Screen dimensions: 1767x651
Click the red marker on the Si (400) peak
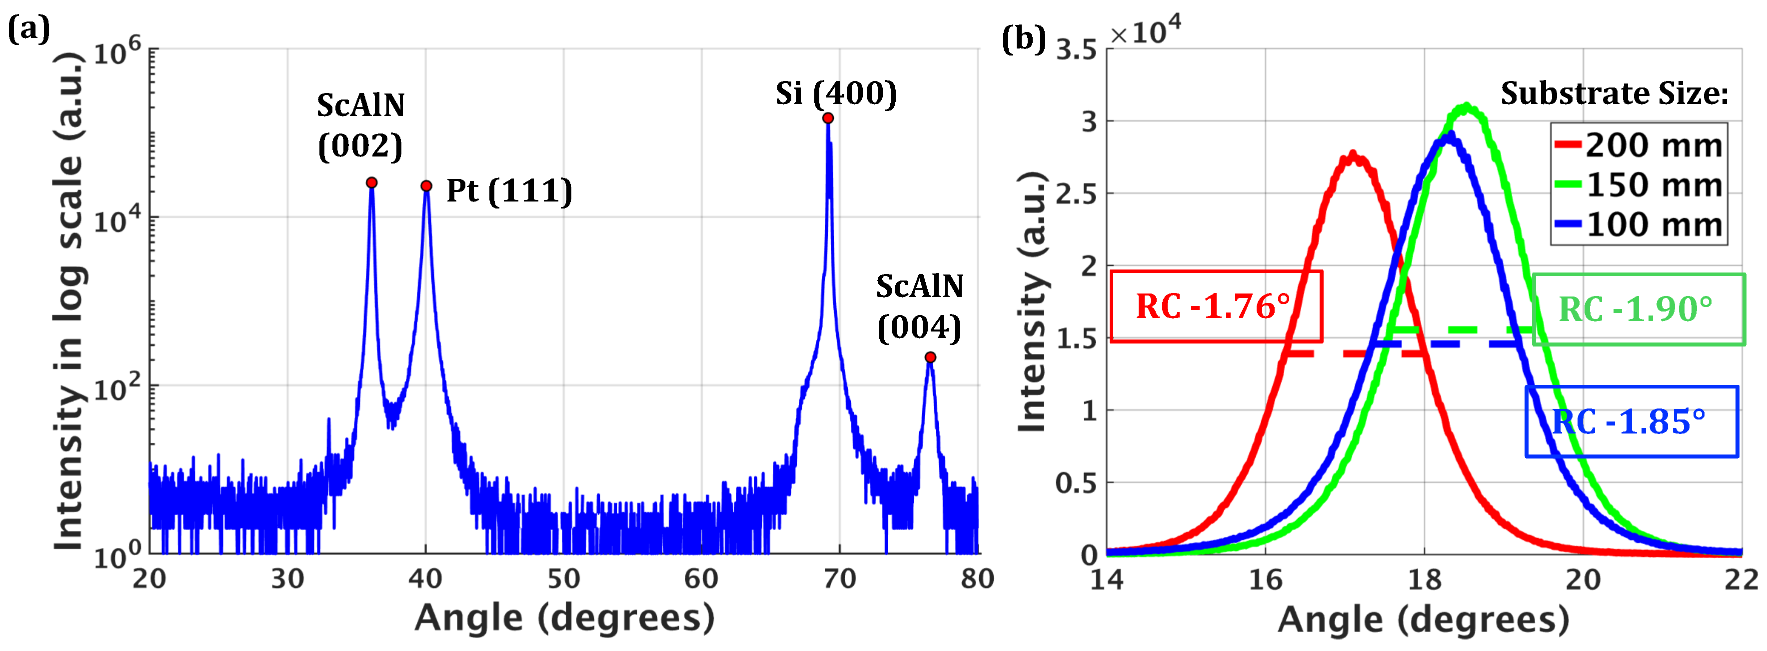pos(828,118)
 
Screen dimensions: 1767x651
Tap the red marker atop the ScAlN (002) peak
pos(371,182)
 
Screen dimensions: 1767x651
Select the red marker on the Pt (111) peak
pos(426,186)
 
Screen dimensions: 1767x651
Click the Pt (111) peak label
pos(509,190)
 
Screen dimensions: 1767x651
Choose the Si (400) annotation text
pos(835,93)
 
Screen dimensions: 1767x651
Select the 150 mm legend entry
pos(1638,184)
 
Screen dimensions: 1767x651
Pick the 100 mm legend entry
pos(1638,224)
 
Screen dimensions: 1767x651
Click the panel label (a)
pos(29,29)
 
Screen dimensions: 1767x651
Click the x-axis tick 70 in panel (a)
pos(839,579)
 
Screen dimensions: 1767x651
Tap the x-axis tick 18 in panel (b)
pos(1424,580)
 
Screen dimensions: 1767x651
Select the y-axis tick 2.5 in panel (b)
pos(1076,194)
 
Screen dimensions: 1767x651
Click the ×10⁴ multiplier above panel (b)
pos(1145,31)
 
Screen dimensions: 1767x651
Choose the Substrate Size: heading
pos(1615,93)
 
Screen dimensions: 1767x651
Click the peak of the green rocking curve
pos(1466,105)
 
